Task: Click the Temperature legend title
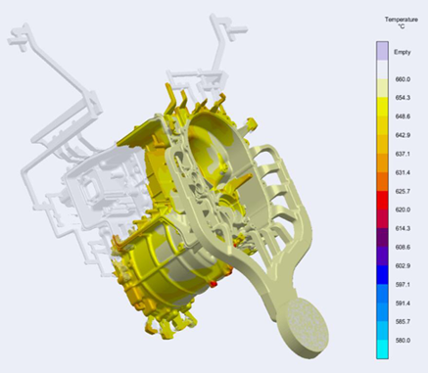[x=402, y=20]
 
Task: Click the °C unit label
[x=402, y=26]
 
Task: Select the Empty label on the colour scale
[x=403, y=52]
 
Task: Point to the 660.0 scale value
[x=403, y=79]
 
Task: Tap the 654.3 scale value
[x=403, y=98]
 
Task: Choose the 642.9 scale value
[x=403, y=135]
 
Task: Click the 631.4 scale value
[x=403, y=172]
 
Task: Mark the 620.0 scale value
[x=403, y=210]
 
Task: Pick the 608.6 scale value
[x=403, y=247]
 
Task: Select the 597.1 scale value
[x=403, y=285]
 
